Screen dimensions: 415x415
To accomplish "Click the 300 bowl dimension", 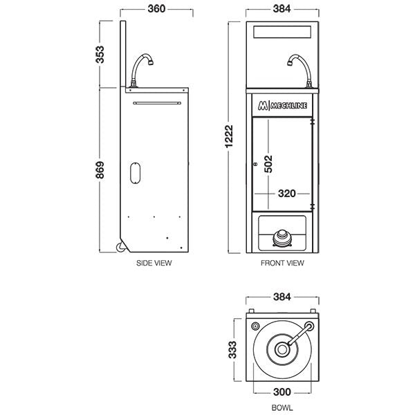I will coord(283,391).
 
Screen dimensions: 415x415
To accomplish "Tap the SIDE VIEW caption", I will coord(154,263).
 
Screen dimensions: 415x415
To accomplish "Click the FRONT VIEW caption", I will coord(282,263).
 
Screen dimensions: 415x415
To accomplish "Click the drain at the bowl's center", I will coord(282,350).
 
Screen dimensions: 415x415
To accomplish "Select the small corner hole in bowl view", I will coord(257,325).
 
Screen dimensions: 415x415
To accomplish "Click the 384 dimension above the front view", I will coord(282,9).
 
